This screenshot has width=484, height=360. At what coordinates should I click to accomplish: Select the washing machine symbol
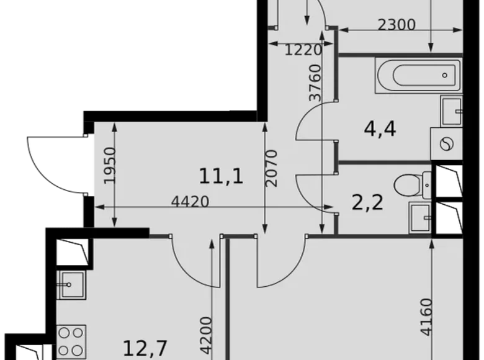[446, 145]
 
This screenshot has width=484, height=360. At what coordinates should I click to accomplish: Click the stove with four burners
[71, 341]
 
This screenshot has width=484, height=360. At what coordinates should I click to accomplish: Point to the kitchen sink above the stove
[71, 286]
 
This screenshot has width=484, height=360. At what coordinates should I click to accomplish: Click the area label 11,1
[221, 176]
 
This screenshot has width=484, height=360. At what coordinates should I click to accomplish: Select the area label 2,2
[367, 202]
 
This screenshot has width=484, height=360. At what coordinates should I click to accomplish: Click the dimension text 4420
[190, 201]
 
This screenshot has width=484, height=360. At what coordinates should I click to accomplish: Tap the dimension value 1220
[303, 50]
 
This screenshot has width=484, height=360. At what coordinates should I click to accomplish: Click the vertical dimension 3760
[315, 83]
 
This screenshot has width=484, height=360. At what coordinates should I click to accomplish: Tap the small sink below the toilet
[420, 217]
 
